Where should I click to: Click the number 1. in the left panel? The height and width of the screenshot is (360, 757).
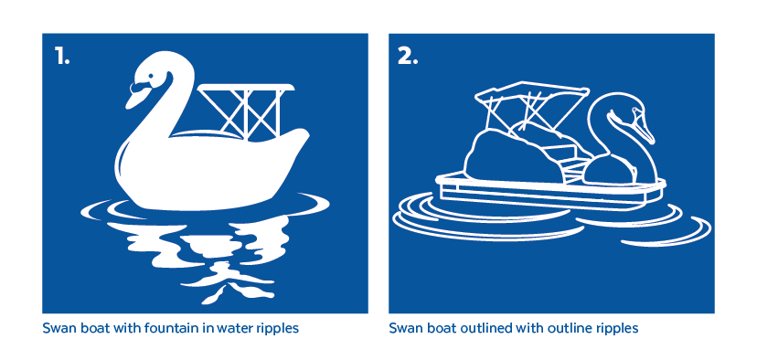62,57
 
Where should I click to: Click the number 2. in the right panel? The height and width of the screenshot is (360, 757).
408,57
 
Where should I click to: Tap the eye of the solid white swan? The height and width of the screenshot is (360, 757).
151,75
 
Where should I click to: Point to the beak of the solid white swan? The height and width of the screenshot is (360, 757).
136,95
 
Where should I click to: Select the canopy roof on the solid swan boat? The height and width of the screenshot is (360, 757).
246,87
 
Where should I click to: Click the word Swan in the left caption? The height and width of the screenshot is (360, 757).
55,328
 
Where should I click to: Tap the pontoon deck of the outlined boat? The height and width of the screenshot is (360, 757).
550,192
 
